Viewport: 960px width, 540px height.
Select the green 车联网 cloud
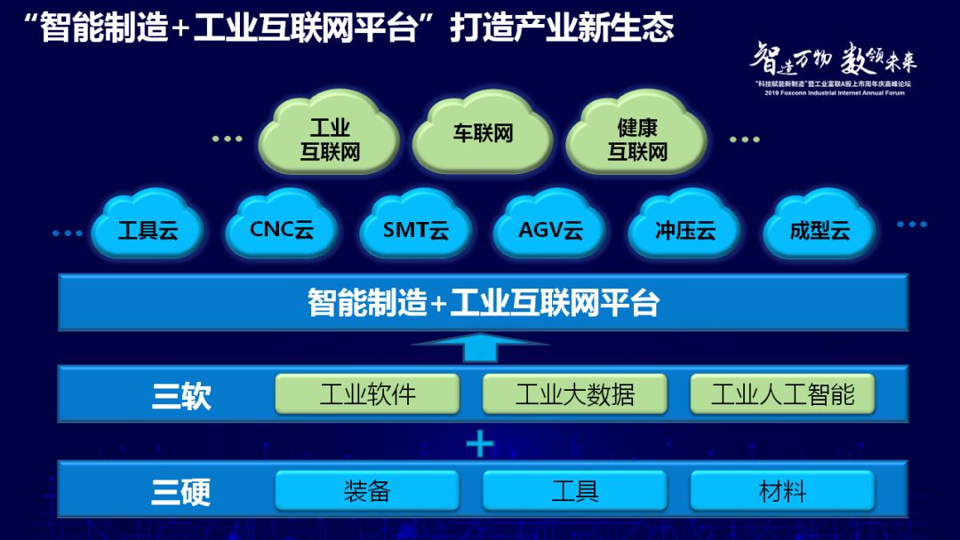pyautogui.click(x=483, y=136)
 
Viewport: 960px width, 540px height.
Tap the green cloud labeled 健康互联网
pyautogui.click(x=636, y=140)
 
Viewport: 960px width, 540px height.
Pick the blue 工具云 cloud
pyautogui.click(x=148, y=230)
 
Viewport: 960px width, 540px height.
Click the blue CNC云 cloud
pyautogui.click(x=281, y=229)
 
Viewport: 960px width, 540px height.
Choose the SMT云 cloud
pyautogui.click(x=415, y=230)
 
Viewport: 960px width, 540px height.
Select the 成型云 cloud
pyautogui.click(x=820, y=230)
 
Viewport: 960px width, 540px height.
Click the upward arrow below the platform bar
pyautogui.click(x=481, y=346)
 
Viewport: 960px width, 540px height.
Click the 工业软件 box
pyautogui.click(x=367, y=393)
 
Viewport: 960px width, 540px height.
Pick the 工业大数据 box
pyautogui.click(x=575, y=393)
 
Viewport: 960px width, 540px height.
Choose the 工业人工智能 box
pyautogui.click(x=782, y=393)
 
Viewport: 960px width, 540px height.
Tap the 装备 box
pyautogui.click(x=367, y=490)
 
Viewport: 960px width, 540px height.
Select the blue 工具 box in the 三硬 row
pyautogui.click(x=575, y=490)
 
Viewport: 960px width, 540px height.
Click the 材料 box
pyautogui.click(x=782, y=490)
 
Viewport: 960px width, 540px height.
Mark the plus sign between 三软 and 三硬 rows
pyautogui.click(x=480, y=442)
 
